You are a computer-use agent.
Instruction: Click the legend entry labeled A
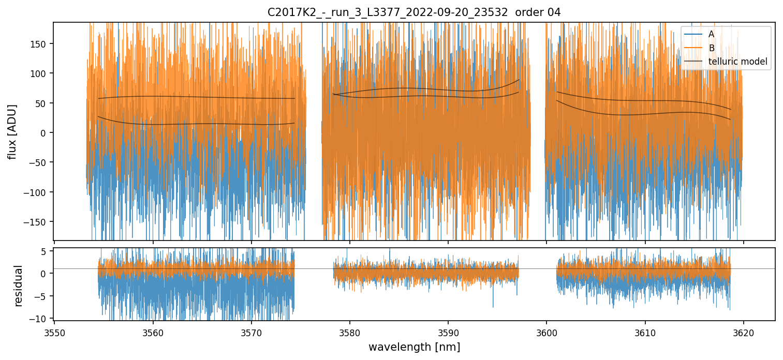click(711, 34)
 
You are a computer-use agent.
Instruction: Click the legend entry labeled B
click(711, 48)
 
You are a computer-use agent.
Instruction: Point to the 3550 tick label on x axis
click(55, 333)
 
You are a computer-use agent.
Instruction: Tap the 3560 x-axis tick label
click(153, 333)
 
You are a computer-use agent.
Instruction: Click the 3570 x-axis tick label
click(252, 333)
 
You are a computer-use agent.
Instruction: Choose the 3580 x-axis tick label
click(350, 333)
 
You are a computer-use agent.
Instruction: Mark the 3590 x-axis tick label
click(448, 333)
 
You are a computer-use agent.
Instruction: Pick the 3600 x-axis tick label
click(547, 333)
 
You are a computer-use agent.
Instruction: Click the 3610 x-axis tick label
click(645, 333)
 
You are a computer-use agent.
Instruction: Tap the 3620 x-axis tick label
click(744, 333)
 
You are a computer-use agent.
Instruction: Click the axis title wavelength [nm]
click(414, 347)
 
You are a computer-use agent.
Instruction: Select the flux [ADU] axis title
click(12, 131)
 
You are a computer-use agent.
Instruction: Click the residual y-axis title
click(19, 285)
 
